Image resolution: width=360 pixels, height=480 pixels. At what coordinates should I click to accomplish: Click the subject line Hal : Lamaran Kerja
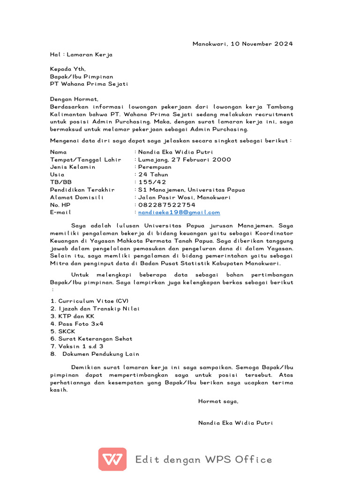click(x=81, y=54)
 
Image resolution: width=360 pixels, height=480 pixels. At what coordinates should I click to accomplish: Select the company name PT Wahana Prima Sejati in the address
click(x=89, y=84)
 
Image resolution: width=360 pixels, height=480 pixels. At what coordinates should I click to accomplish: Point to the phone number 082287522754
click(x=166, y=205)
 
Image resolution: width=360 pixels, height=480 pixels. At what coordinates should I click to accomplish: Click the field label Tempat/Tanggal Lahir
click(x=85, y=160)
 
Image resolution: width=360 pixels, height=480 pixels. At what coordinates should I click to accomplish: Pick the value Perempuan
click(x=155, y=167)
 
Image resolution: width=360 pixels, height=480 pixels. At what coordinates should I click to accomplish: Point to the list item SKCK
click(x=67, y=331)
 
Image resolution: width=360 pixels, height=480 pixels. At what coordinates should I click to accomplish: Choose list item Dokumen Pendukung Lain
click(x=101, y=354)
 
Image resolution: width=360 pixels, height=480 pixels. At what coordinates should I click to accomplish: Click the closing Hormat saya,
click(x=218, y=401)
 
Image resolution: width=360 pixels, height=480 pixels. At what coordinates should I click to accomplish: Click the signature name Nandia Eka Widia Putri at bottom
click(x=235, y=423)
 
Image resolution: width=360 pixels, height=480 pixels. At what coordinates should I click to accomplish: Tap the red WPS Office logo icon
click(x=112, y=459)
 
